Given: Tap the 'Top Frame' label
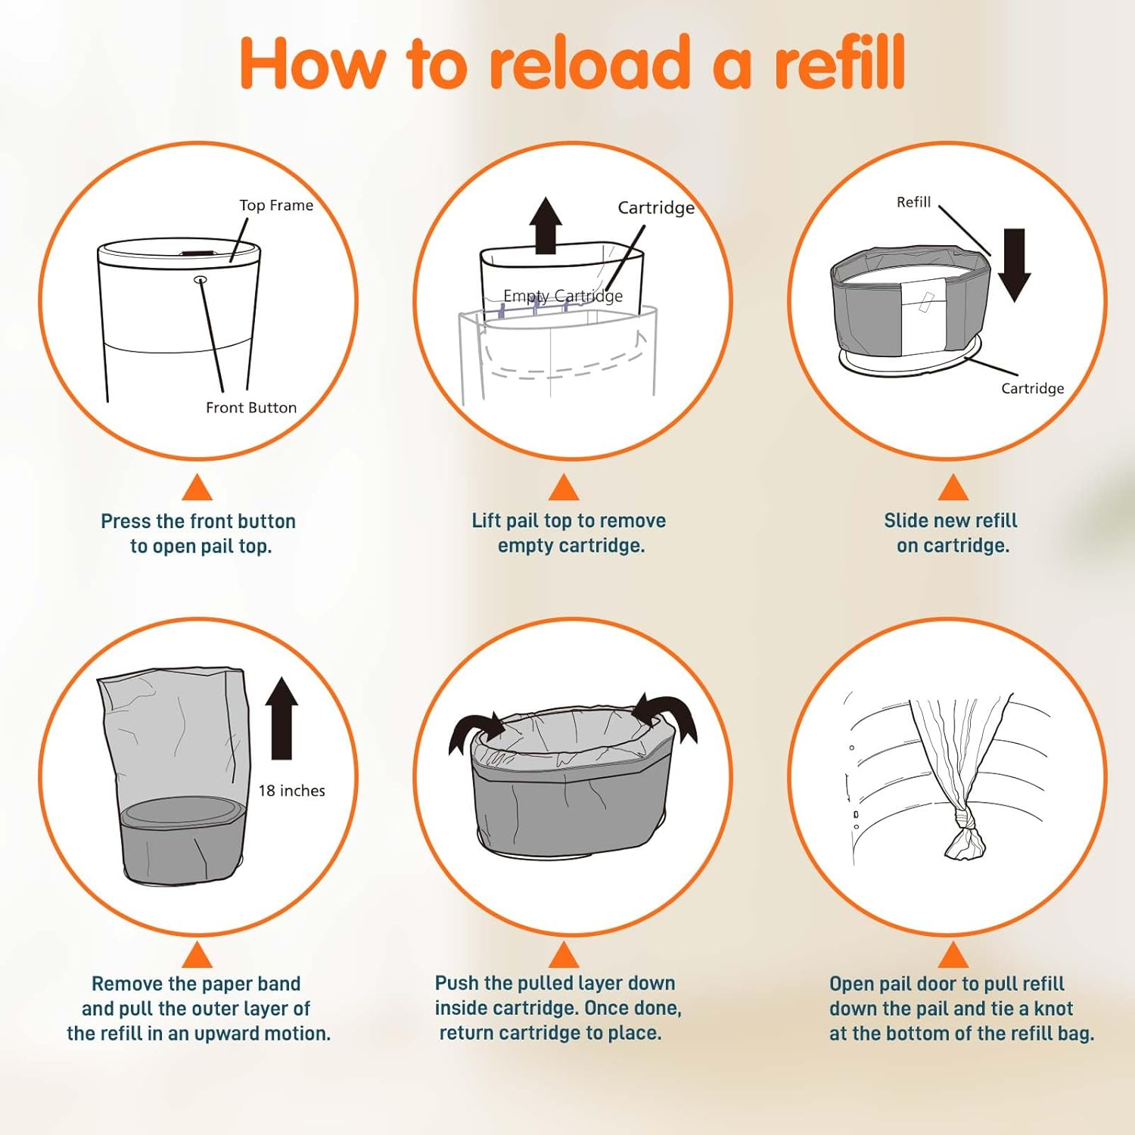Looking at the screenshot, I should (276, 205).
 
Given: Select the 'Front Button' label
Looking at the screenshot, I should (251, 408).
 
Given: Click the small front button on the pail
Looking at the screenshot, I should (201, 280).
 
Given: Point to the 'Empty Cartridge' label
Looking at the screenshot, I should (563, 296).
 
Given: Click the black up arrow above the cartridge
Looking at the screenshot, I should (546, 225).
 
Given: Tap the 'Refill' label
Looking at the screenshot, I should (913, 202).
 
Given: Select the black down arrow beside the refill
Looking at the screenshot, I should (1014, 265).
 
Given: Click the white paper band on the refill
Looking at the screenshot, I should (924, 314).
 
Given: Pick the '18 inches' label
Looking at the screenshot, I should (291, 791).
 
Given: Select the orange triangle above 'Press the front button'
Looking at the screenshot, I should (197, 489).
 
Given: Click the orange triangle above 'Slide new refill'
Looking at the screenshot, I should (953, 489).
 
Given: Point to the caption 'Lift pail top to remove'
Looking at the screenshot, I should (568, 521).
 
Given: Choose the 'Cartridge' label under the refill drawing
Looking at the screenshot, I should (1032, 388).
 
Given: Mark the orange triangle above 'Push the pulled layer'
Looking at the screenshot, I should (564, 956).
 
